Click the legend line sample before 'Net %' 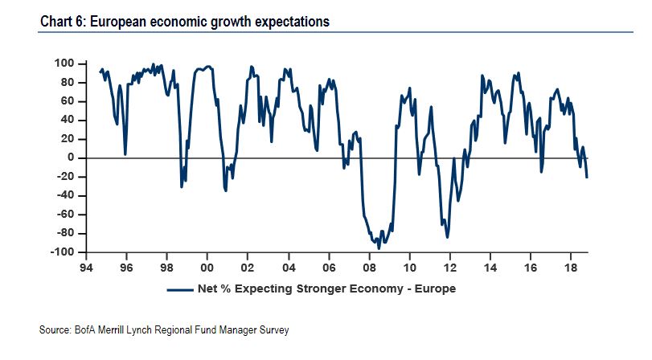click(x=181, y=288)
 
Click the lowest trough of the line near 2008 click(x=379, y=248)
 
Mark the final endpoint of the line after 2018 click(x=587, y=177)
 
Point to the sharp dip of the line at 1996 click(x=125, y=154)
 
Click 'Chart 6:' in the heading click(x=63, y=22)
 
